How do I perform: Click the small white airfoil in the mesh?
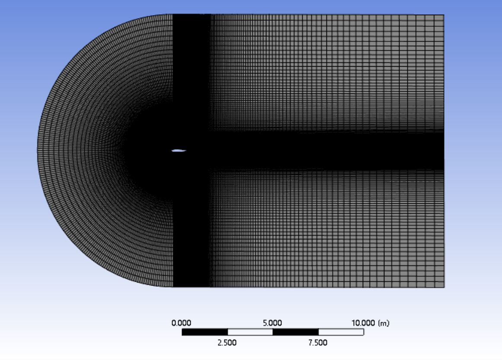179,151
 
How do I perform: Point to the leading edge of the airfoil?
172,151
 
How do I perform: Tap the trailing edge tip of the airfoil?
186,150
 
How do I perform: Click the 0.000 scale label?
181,323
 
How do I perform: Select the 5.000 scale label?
272,323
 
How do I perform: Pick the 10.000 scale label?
363,323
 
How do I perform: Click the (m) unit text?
384,323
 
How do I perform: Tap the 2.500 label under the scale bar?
227,343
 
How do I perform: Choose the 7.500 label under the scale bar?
318,343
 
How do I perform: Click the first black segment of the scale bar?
205,332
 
